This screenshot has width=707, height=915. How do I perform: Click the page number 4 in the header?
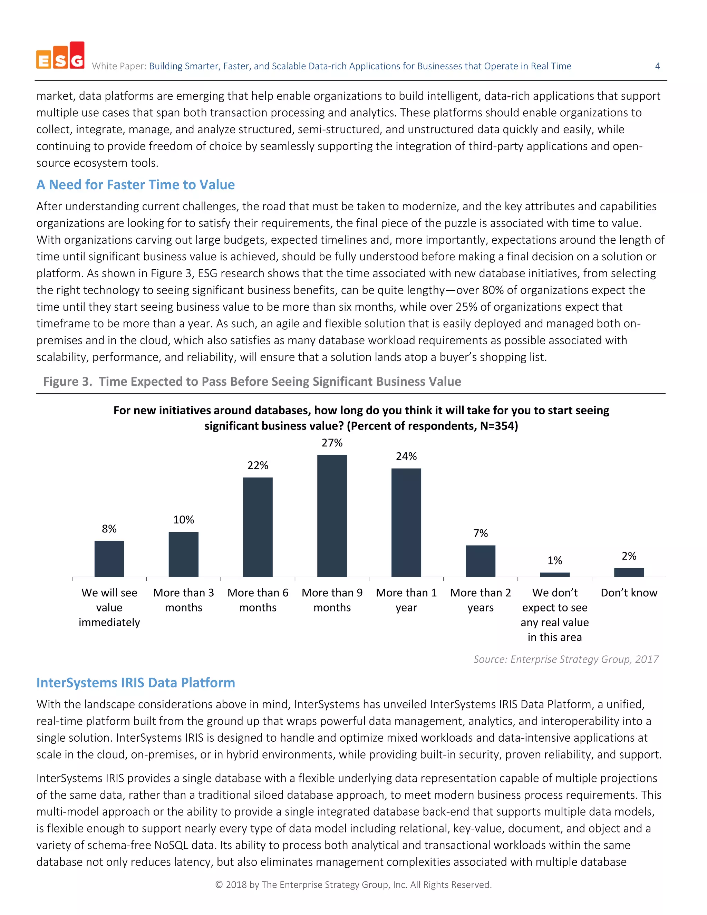click(x=657, y=66)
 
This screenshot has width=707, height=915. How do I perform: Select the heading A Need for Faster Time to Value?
click(x=135, y=185)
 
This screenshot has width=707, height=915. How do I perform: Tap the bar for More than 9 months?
click(x=332, y=516)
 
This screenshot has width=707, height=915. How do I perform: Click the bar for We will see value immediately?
click(x=109, y=559)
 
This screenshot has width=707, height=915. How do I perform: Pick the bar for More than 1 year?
click(x=406, y=522)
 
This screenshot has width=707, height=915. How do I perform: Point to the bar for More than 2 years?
click(x=481, y=561)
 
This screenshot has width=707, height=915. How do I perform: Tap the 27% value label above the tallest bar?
click(x=332, y=443)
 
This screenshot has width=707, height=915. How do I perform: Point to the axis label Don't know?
click(x=629, y=593)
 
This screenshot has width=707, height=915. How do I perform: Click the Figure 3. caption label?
click(x=67, y=382)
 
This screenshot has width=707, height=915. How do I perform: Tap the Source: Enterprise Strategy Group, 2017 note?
click(x=566, y=659)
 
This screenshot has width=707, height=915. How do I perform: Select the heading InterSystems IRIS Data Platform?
click(x=136, y=683)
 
